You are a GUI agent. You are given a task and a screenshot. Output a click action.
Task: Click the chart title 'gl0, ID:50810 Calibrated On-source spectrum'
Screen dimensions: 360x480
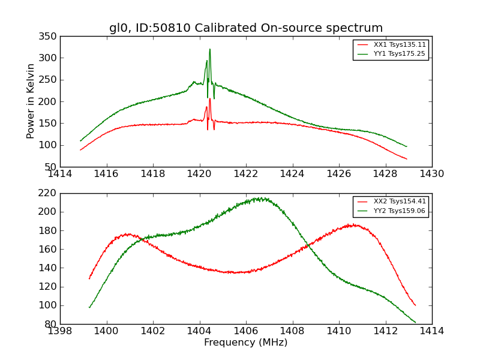pyautogui.click(x=246, y=28)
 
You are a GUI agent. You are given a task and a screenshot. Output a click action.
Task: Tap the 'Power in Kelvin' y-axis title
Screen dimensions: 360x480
pyautogui.click(x=31, y=101)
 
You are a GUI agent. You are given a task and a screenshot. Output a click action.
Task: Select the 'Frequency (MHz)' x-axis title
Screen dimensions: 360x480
pyautogui.click(x=246, y=343)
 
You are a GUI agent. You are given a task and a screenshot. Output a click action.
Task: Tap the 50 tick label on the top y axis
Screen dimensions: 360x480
pyautogui.click(x=52, y=167)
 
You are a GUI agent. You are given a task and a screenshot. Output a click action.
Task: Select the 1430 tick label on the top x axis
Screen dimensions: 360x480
pyautogui.click(x=431, y=174)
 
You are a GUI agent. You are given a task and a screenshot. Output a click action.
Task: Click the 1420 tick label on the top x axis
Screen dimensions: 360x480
pyautogui.click(x=200, y=174)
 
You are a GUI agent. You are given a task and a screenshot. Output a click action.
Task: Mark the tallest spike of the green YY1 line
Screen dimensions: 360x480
pyautogui.click(x=210, y=49)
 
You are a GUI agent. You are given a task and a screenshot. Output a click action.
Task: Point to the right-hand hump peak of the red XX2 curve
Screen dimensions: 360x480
pyautogui.click(x=354, y=225)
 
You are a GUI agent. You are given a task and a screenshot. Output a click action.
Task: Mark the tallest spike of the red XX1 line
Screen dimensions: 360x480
pyautogui.click(x=210, y=99)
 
